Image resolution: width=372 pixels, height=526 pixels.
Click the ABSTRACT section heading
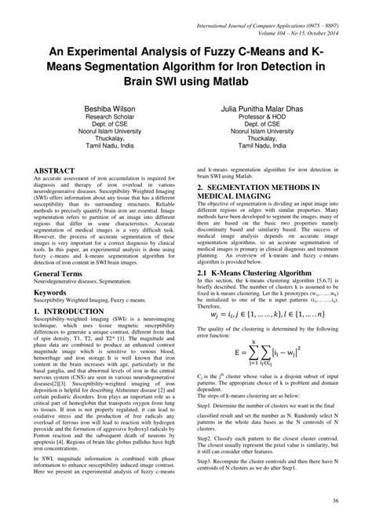tap(53, 170)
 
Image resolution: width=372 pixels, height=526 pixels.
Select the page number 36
tap(335, 502)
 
